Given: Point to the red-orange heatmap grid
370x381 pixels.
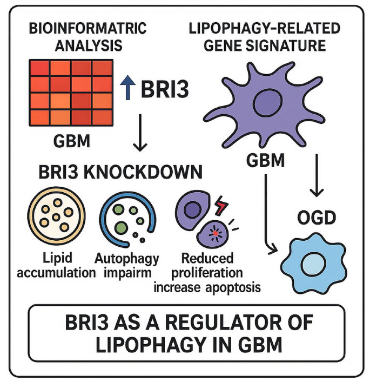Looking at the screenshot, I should (x=70, y=91).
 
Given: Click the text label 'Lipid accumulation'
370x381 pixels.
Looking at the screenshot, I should (x=54, y=265).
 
